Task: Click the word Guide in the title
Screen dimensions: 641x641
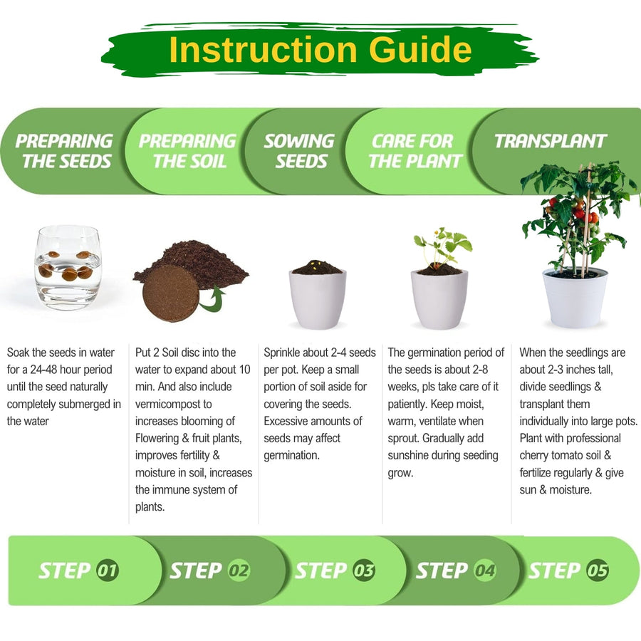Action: click(x=420, y=49)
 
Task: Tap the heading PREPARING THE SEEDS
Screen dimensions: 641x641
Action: click(x=64, y=151)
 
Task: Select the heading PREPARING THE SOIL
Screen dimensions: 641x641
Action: click(x=187, y=151)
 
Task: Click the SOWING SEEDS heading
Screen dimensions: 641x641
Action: click(x=300, y=151)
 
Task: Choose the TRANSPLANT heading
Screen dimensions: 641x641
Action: click(x=550, y=141)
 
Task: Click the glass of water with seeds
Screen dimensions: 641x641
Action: click(x=68, y=267)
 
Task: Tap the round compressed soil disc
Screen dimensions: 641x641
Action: click(x=170, y=293)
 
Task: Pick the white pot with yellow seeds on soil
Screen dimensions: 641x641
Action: click(x=318, y=294)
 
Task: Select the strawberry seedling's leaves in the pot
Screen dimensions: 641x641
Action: click(x=442, y=244)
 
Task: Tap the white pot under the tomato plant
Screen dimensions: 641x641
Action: click(x=574, y=298)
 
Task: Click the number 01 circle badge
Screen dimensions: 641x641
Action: click(x=108, y=570)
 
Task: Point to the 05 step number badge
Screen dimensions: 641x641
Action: click(x=598, y=570)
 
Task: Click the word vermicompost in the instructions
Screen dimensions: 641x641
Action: click(x=173, y=405)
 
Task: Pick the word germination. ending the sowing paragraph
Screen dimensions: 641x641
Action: click(x=291, y=455)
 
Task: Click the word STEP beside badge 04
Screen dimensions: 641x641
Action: click(x=442, y=570)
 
